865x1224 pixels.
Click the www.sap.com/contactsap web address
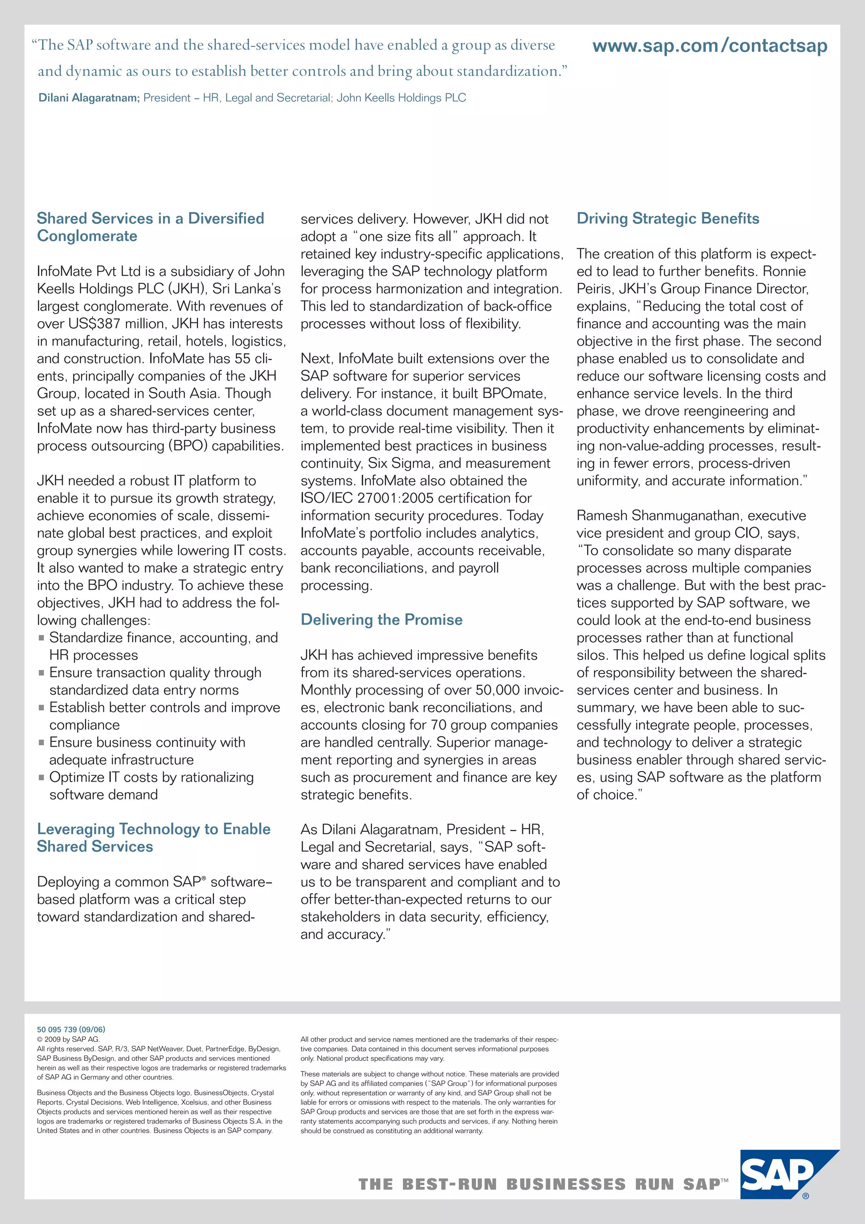pos(710,46)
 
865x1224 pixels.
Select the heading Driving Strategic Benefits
pos(667,218)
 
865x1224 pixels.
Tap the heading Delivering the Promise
pos(381,619)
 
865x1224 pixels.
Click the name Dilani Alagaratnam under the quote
pos(88,98)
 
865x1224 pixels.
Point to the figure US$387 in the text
pos(94,324)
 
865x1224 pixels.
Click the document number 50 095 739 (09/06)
pos(71,1029)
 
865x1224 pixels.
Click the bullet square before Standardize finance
pos(41,638)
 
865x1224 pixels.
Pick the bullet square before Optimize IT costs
pos(41,778)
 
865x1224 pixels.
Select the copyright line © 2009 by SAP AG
pos(68,1039)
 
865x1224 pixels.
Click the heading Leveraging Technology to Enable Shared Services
pos(153,837)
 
